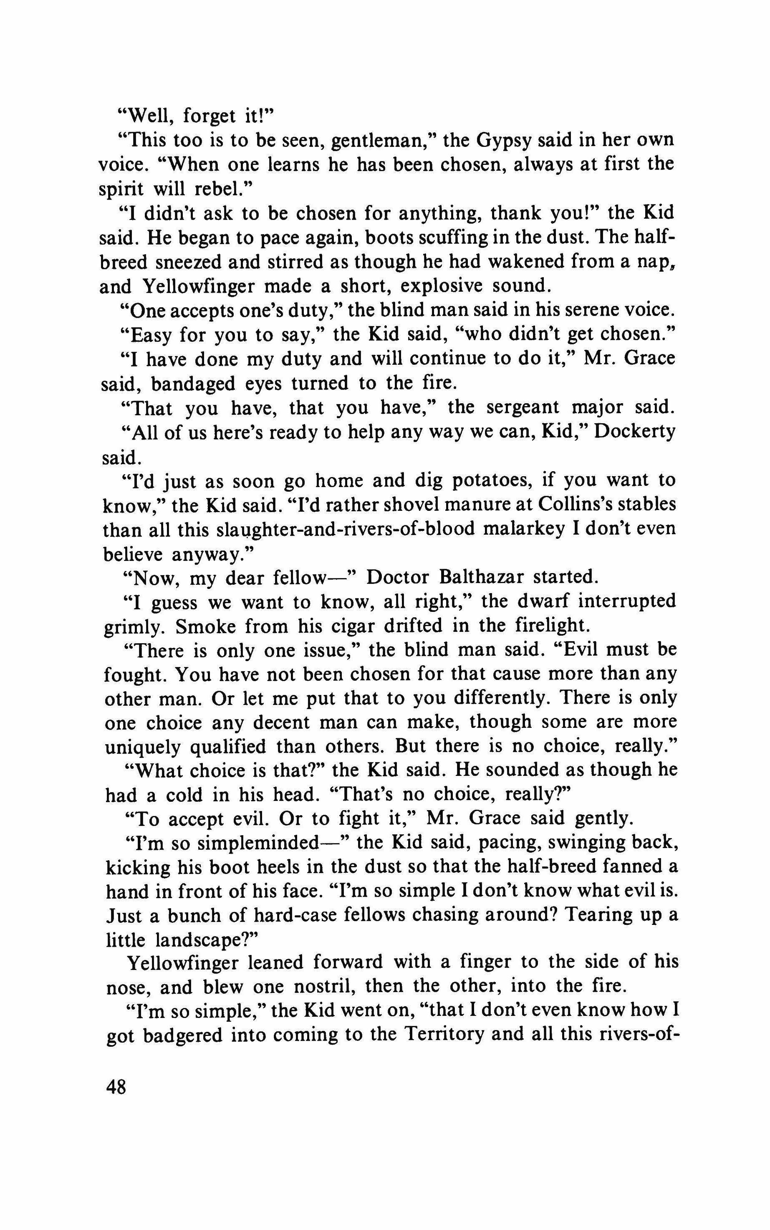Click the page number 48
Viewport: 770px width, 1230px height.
click(x=116, y=1089)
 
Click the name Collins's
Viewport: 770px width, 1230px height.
click(x=579, y=504)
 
